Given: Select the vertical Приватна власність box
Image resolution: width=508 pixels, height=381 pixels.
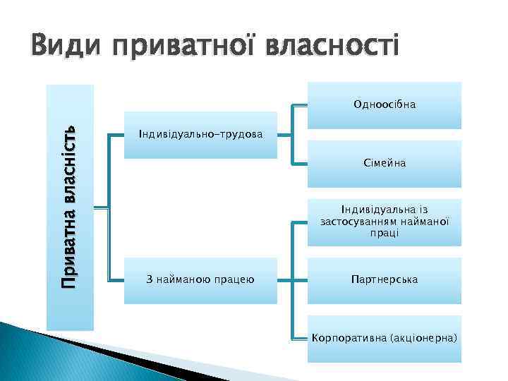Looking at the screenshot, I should point(70,207).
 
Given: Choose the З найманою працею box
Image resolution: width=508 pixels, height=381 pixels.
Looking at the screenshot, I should point(200,280).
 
